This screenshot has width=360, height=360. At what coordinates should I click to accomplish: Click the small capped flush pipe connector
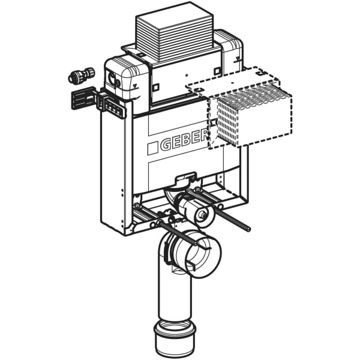tap(199, 212)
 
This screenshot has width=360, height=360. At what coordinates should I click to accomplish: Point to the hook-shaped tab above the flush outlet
tap(184, 178)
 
